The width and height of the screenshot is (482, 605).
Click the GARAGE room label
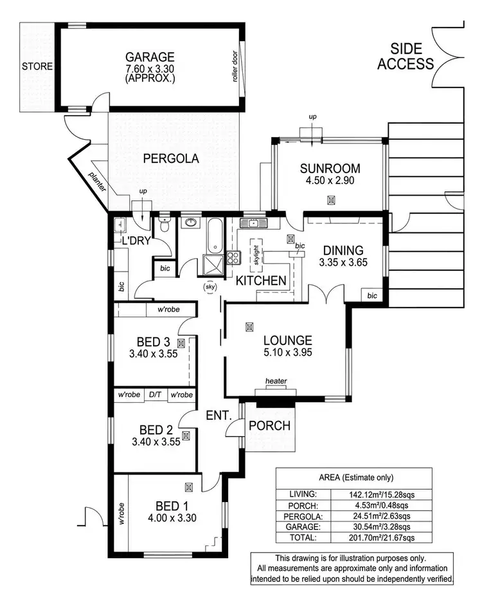(x=150, y=56)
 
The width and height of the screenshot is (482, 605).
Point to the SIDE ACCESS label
(x=405, y=55)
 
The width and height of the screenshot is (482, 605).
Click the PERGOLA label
(x=171, y=158)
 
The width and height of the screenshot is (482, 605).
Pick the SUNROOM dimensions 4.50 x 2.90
(x=330, y=181)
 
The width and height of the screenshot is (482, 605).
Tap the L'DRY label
(x=136, y=241)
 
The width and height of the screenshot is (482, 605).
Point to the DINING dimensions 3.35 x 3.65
(x=343, y=263)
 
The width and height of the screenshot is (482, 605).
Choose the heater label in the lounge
(x=277, y=382)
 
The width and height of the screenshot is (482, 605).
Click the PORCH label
(x=269, y=425)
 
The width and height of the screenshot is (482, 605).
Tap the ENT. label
(x=219, y=416)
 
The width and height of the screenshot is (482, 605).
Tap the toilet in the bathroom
(x=165, y=225)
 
